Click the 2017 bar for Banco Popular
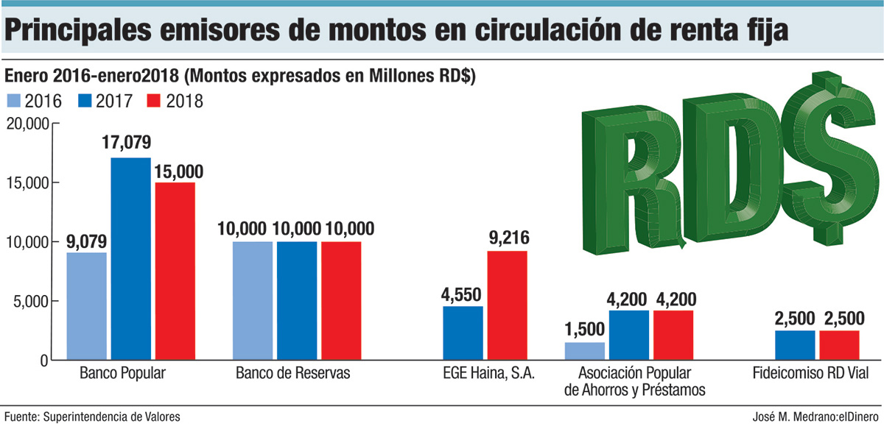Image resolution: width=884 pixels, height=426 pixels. pos(130,258)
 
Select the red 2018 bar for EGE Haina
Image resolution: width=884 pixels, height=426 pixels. pos(507,305)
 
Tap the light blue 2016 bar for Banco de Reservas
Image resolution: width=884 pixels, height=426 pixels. pos(252,300)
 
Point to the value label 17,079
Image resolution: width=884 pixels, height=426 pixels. pos(130,143)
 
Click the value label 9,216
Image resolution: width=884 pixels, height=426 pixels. pos(506,238)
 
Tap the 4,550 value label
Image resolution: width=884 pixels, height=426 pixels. pos(462,293)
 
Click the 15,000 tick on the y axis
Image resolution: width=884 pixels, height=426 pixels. pos(28,183)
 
